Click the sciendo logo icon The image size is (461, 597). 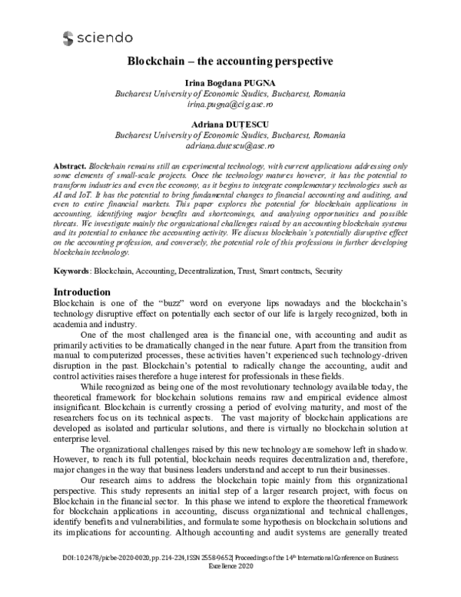68,36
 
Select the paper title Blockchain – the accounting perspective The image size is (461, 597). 230,62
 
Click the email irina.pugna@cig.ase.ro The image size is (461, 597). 230,103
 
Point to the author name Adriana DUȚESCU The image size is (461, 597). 230,122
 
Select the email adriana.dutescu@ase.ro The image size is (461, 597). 230,144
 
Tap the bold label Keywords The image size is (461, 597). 70,272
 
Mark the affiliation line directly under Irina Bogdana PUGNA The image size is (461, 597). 230,94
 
